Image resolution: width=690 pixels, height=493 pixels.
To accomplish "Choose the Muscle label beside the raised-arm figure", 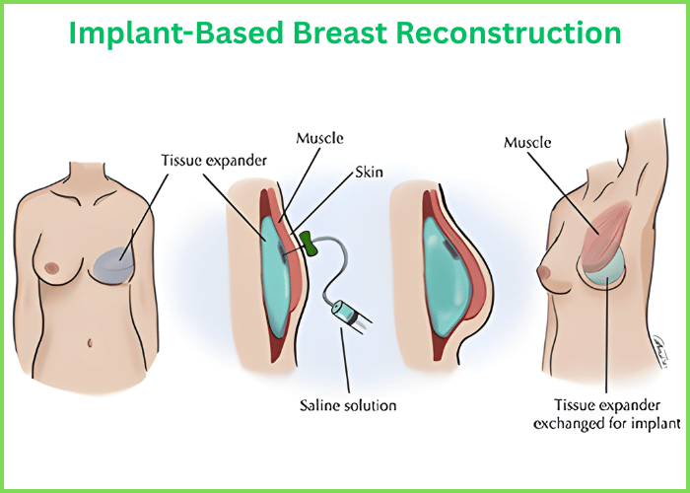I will pos(526,142).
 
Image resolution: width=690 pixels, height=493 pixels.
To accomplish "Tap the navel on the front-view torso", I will pos(90,343).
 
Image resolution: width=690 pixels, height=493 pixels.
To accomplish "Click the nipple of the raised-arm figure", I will pos(539,269).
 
